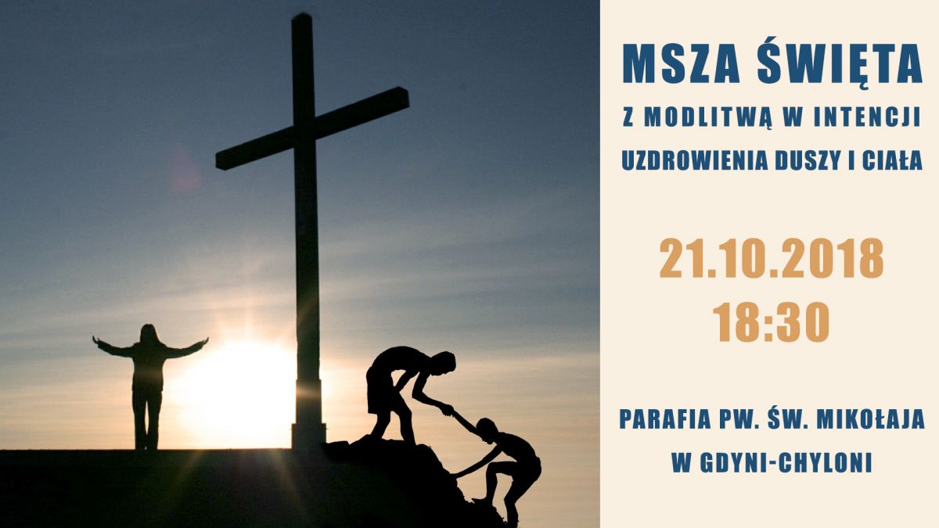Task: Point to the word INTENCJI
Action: (x=867, y=117)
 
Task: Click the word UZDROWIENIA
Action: (x=694, y=161)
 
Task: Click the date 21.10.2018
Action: (x=772, y=258)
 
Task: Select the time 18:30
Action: (x=772, y=321)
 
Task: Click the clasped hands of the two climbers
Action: (x=448, y=409)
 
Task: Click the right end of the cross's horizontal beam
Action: (x=408, y=97)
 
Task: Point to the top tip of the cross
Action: (x=302, y=15)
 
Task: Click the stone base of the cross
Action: (x=308, y=435)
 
